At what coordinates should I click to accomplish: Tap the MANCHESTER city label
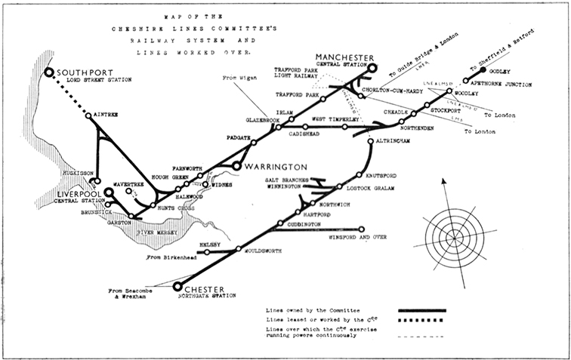coord(345,57)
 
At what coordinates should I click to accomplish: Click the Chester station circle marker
coord(178,286)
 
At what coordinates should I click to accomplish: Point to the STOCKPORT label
coord(446,116)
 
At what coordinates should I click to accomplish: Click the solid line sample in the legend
coord(421,310)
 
